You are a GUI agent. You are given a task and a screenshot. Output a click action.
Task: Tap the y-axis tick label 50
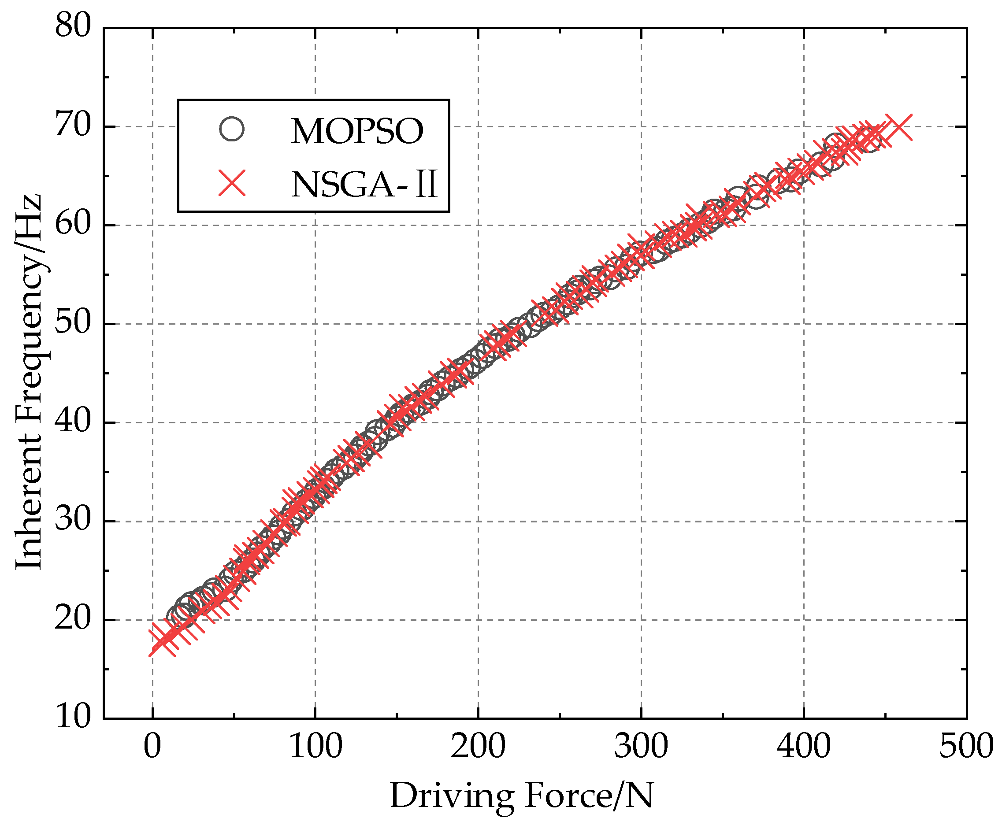[x=73, y=323]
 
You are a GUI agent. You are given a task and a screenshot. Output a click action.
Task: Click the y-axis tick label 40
[x=73, y=422]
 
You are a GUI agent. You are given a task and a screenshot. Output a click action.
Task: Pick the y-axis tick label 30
[x=73, y=521]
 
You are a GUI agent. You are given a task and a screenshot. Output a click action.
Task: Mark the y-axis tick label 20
[x=73, y=620]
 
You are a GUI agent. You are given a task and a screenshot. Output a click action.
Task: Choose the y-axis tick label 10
[x=73, y=718]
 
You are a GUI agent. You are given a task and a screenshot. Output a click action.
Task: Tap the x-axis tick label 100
[x=315, y=748]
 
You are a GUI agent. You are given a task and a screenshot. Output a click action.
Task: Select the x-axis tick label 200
[x=478, y=748]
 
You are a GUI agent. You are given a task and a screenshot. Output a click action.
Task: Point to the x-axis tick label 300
[x=641, y=748]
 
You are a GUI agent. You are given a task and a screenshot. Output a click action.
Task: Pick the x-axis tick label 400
[x=804, y=748]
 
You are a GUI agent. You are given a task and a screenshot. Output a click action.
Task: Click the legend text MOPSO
[x=357, y=131]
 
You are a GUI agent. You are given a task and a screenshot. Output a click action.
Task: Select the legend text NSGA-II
[x=364, y=185]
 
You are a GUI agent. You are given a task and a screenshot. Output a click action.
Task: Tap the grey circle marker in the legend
[x=232, y=129]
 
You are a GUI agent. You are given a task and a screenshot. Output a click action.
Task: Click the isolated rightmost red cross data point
[x=899, y=127]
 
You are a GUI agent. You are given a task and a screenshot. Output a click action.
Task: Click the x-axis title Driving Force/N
[x=522, y=796]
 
